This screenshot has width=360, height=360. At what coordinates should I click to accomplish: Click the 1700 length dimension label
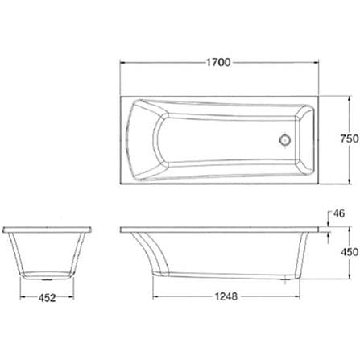pyautogui.click(x=218, y=62)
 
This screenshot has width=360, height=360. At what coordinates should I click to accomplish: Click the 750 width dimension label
pyautogui.click(x=350, y=139)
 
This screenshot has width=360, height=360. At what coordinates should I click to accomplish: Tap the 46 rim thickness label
pyautogui.click(x=338, y=213)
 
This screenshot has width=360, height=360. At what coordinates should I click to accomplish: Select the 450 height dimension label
pyautogui.click(x=350, y=252)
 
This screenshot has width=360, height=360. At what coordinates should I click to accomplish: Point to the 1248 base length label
pyautogui.click(x=226, y=296)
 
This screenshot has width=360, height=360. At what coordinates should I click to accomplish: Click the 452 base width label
pyautogui.click(x=47, y=298)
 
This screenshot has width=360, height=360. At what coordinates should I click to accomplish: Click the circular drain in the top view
pyautogui.click(x=284, y=139)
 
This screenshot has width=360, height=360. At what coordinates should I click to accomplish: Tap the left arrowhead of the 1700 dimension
pyautogui.click(x=123, y=63)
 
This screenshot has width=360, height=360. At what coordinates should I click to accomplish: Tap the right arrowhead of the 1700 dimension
pyautogui.click(x=316, y=63)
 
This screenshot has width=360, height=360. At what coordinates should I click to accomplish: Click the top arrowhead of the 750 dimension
pyautogui.click(x=349, y=100)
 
